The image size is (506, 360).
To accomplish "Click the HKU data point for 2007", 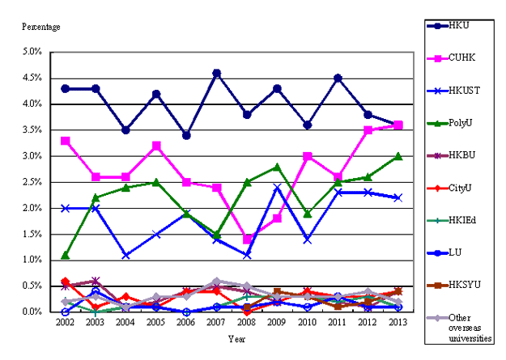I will [x=216, y=73].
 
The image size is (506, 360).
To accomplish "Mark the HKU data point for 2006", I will [x=186, y=135].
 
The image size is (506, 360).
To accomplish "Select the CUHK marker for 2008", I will [x=247, y=239].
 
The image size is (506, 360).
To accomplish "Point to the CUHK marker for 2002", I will [x=65, y=141].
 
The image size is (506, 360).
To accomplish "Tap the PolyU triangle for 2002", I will [x=65, y=255].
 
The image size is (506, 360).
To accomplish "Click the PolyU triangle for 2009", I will [x=277, y=167].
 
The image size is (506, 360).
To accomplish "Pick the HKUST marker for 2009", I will [x=277, y=188].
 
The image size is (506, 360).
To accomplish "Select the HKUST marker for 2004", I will [x=125, y=255].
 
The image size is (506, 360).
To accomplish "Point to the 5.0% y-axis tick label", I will [x=32, y=52].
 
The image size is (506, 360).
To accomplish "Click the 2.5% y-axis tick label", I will [x=32, y=182].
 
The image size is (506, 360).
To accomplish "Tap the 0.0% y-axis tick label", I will [x=32, y=312].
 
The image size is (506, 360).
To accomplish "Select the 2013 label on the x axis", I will [x=398, y=322].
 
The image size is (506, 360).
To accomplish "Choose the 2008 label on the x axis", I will [x=247, y=322].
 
